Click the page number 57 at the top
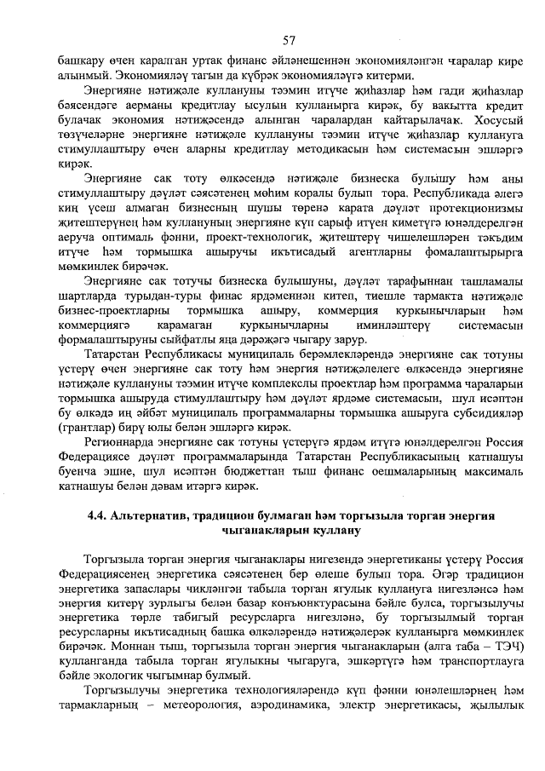pos(289,40)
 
